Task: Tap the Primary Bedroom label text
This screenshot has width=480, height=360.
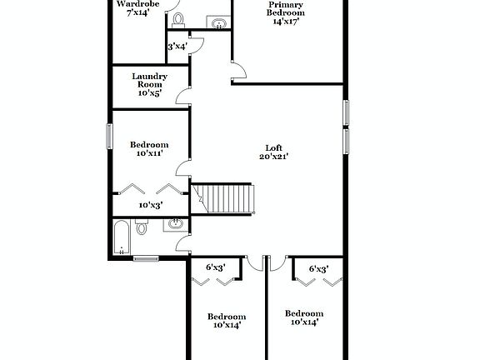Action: tap(286, 8)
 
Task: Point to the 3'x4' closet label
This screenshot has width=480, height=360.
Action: tap(177, 47)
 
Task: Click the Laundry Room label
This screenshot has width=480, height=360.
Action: tap(150, 80)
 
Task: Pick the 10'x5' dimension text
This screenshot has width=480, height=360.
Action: tap(150, 93)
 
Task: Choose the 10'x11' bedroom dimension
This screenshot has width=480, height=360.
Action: tap(150, 153)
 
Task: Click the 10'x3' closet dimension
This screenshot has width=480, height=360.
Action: tap(150, 204)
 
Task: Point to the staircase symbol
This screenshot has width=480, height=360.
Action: tap(227, 198)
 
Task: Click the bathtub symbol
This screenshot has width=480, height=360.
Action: tap(122, 237)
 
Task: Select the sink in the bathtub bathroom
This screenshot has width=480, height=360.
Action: tap(176, 223)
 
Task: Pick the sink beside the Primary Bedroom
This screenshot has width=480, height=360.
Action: tap(219, 23)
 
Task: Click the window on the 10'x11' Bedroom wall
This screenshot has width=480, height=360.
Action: tap(109, 136)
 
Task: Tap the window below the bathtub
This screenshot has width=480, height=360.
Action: tap(147, 257)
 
